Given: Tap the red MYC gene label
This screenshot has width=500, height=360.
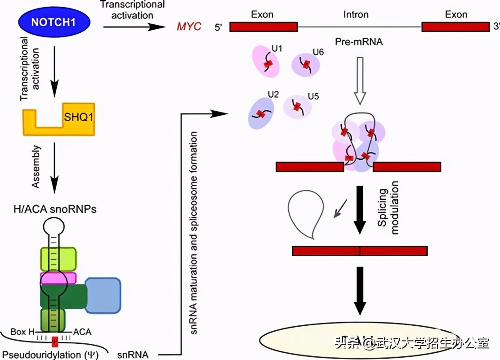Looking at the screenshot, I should pyautogui.click(x=188, y=27).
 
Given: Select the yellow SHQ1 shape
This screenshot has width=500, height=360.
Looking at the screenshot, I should pyautogui.click(x=58, y=122).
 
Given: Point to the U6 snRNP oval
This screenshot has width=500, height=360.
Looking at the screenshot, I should pyautogui.click(x=306, y=65).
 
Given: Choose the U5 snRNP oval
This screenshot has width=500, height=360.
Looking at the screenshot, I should pyautogui.click(x=298, y=107).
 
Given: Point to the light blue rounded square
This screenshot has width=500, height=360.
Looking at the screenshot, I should pyautogui.click(x=103, y=295).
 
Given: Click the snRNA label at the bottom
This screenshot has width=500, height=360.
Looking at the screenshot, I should pyautogui.click(x=132, y=354).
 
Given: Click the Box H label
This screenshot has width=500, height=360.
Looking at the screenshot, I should pyautogui.click(x=25, y=332).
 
